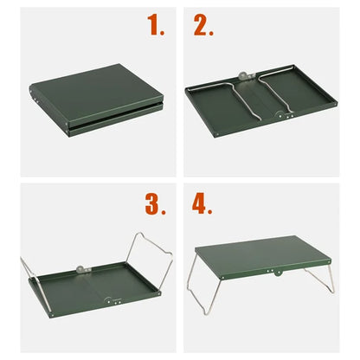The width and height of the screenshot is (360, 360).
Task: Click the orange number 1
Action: [x=155, y=26]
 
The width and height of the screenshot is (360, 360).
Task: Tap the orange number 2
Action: [x=202, y=26]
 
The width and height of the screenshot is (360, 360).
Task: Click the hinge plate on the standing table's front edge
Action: [x=274, y=274]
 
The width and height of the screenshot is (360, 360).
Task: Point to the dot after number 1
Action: [x=164, y=34]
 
